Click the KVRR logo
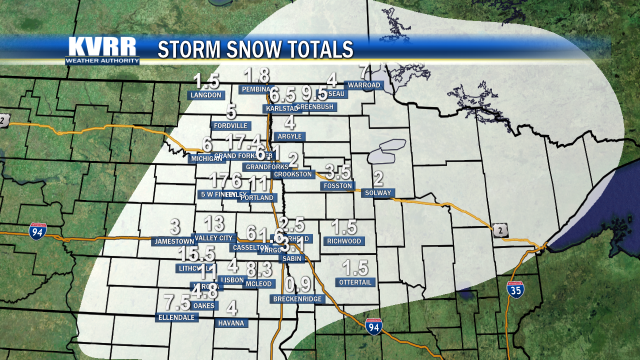(x=102, y=50)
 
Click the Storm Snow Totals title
(x=255, y=49)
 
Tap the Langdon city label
(x=206, y=94)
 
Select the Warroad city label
(x=363, y=85)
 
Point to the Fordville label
(x=230, y=125)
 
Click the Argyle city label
(x=289, y=136)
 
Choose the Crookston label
(x=293, y=174)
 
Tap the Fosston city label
(x=337, y=186)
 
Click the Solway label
(x=378, y=193)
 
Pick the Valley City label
(x=213, y=238)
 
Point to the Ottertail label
(x=355, y=282)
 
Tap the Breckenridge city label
(x=298, y=299)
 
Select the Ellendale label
(x=177, y=317)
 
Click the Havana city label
(x=231, y=323)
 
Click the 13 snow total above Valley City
(x=214, y=223)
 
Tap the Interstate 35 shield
(x=515, y=289)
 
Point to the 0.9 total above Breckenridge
(x=298, y=284)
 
